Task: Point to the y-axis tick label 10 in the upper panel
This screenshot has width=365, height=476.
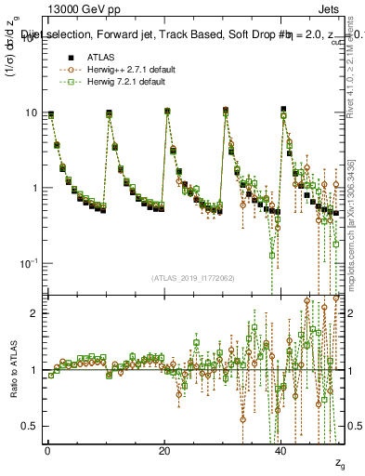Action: click(31, 112)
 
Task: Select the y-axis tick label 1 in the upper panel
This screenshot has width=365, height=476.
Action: click(34, 188)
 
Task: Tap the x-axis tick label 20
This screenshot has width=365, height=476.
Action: click(163, 450)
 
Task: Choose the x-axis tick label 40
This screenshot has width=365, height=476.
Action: click(280, 450)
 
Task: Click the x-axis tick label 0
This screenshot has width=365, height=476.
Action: click(47, 450)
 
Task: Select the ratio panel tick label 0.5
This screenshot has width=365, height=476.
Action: click(31, 426)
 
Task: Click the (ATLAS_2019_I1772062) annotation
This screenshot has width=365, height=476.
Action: click(193, 277)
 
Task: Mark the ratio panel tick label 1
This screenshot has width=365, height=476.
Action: click(35, 370)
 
